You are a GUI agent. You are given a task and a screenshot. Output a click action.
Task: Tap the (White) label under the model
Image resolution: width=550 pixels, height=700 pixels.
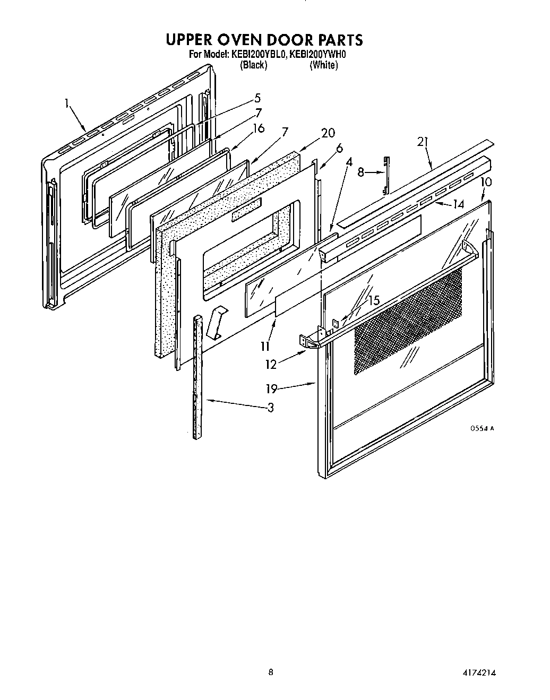point(323,65)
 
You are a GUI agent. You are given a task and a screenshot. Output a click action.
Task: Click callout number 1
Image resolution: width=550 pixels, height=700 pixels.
point(67,104)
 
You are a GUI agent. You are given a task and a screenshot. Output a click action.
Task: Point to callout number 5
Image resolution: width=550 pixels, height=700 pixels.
point(257,98)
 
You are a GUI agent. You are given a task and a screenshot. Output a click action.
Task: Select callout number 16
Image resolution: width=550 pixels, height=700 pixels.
point(259,128)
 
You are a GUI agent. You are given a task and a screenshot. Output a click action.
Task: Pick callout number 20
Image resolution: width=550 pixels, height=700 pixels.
point(328,133)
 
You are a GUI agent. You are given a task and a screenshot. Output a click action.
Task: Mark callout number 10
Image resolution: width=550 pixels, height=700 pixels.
point(486,182)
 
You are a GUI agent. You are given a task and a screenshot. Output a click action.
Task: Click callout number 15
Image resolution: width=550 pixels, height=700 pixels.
point(374,300)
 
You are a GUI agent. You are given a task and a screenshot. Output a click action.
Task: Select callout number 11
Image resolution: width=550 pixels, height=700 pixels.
point(265,347)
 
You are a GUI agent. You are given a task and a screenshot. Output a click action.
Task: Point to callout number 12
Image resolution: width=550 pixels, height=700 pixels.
point(271,365)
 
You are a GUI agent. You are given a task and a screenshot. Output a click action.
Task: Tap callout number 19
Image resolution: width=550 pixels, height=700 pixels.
point(271,389)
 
